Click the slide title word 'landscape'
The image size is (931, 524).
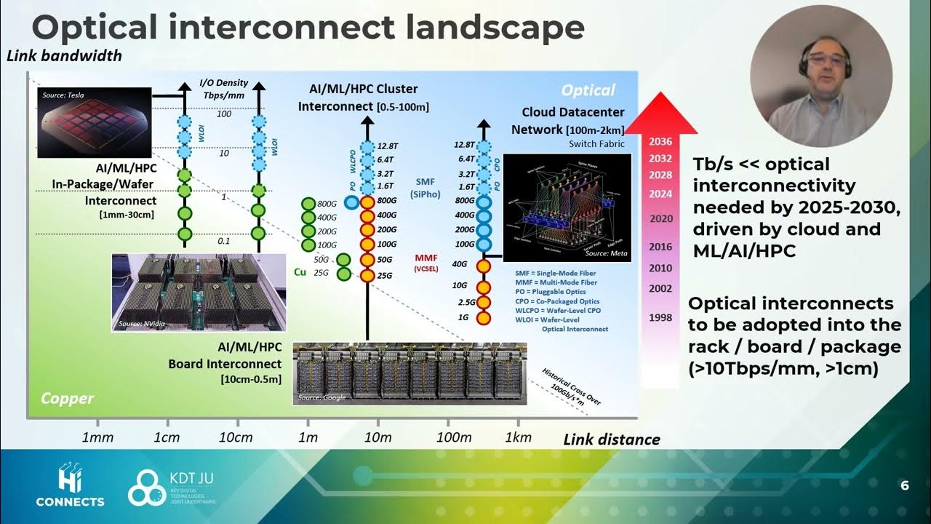coord(492,28)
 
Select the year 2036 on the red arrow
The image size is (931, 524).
coord(660,142)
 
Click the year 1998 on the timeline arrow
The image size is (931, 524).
coord(660,317)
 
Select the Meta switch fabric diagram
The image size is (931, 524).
coord(567,207)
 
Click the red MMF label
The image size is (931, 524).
coord(425,258)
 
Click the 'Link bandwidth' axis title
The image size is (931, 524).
coord(64,55)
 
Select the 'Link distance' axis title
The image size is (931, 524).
coord(612,439)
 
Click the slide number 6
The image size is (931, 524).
coord(904,486)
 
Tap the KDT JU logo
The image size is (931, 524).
coord(171,488)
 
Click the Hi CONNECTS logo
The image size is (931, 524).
coord(71,487)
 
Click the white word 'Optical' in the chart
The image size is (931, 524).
coord(588,90)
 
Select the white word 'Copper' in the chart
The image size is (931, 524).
coord(67,398)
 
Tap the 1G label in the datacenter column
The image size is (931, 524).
coord(462,317)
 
